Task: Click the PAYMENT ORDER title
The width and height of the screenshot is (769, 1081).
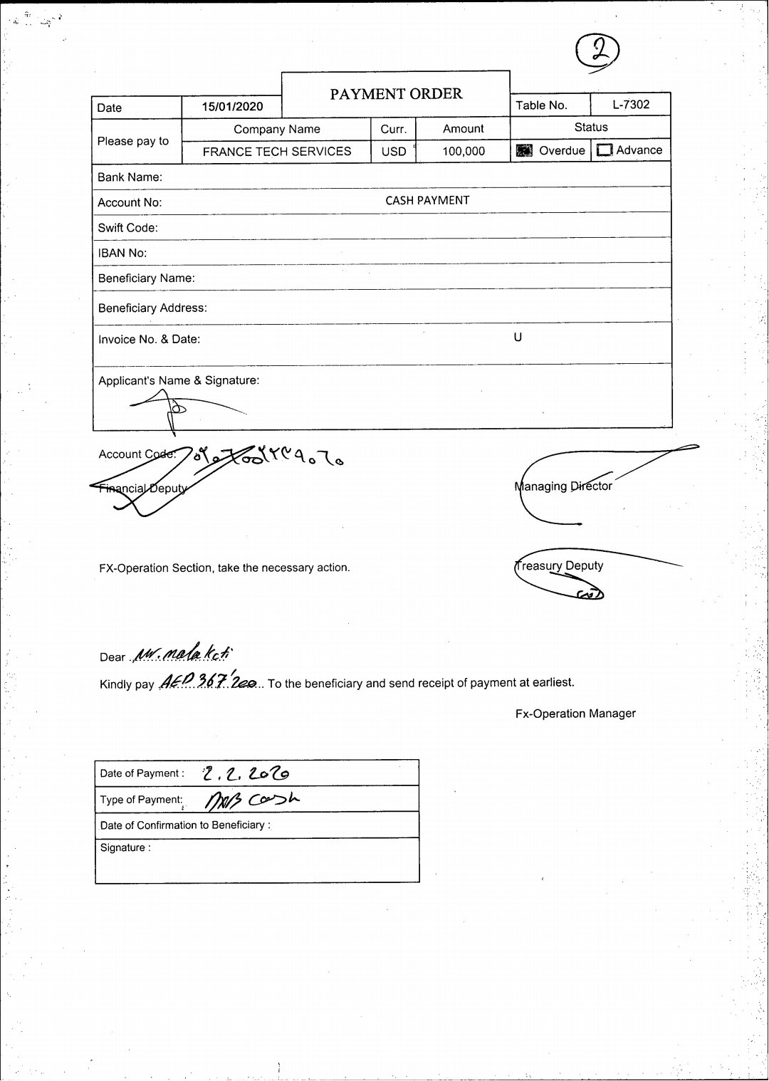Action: [x=396, y=94]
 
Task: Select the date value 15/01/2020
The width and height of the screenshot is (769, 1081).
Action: [x=232, y=107]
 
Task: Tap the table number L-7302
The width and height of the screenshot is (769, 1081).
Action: [x=631, y=105]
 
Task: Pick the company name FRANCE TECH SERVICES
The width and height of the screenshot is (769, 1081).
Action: [x=277, y=152]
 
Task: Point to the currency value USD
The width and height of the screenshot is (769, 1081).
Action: [x=394, y=152]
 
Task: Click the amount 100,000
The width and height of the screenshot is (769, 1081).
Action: [x=464, y=151]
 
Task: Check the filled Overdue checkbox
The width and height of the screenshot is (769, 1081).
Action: [x=524, y=150]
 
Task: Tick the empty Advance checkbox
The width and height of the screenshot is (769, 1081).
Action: [x=605, y=150]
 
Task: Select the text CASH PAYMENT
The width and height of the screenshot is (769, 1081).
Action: [x=427, y=201]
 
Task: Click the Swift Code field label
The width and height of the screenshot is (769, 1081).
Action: [x=128, y=228]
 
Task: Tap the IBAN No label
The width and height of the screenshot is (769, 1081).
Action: [x=122, y=254]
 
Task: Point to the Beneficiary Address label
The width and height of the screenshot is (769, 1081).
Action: [x=152, y=308]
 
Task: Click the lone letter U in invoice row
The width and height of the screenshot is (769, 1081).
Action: [x=518, y=338]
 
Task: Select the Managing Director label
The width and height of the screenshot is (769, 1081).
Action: [x=563, y=486]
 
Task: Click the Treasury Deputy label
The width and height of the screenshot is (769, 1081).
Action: [x=559, y=566]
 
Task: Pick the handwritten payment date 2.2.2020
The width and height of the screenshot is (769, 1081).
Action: [x=246, y=773]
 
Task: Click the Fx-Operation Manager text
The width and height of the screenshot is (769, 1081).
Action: [x=575, y=714]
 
